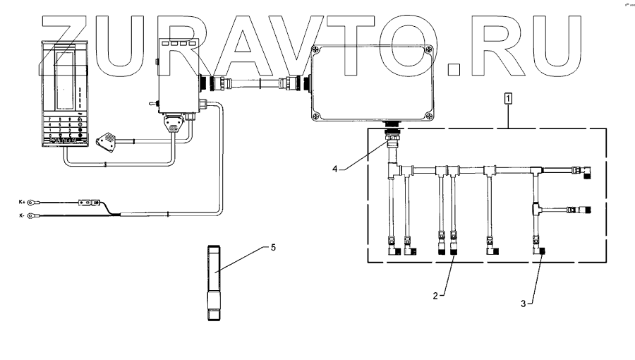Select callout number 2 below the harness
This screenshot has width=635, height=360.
tap(436, 296)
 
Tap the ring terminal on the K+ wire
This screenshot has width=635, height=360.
tap(32, 203)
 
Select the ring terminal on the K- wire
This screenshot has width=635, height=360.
tap(32, 217)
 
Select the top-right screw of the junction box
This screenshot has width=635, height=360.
tap(428, 49)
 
